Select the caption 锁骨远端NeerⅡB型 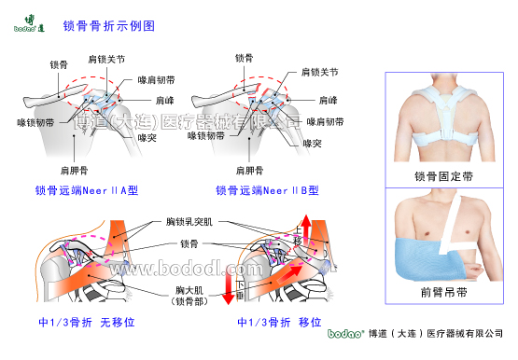pos(267,190)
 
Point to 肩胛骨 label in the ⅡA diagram pos(74,170)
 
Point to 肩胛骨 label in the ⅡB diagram pos(248,170)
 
